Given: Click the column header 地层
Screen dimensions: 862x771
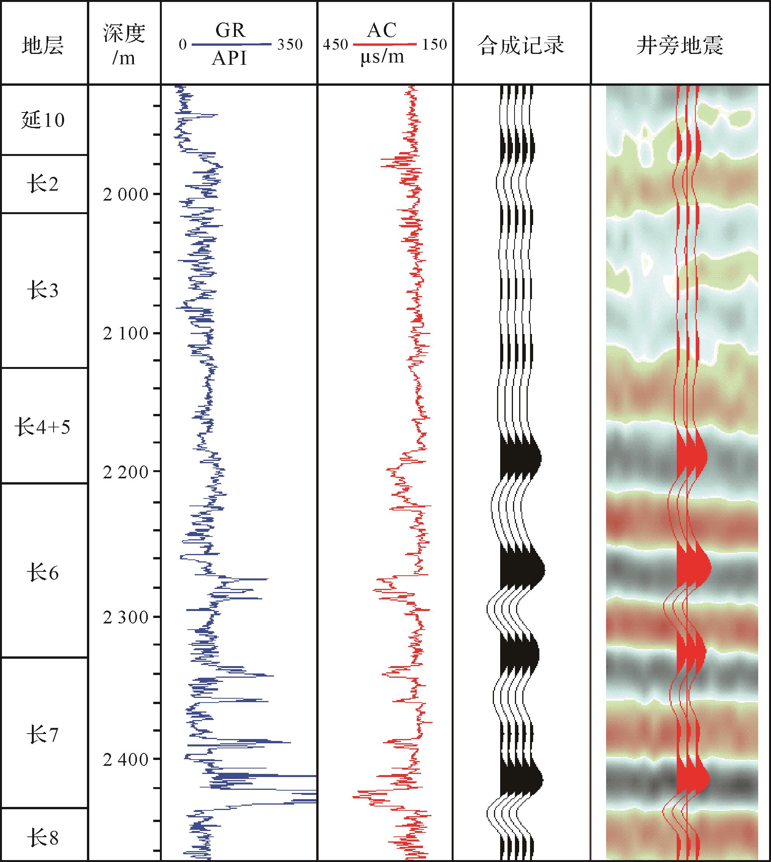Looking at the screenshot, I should (43, 45).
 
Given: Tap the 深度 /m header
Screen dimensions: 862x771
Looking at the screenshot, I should (124, 45).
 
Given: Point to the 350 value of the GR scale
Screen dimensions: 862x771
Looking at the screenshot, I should (290, 45).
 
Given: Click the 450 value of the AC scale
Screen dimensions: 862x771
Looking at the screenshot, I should (336, 45).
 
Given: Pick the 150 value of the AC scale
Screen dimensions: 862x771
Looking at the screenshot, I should (434, 45).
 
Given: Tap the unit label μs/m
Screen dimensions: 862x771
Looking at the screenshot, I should (382, 57).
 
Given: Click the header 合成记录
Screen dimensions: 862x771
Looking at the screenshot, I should (521, 45).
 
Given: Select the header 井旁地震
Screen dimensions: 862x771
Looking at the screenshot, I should (680, 45).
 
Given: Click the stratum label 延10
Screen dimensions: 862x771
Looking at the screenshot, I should (43, 120).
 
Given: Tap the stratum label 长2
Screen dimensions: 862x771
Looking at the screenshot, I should (43, 184).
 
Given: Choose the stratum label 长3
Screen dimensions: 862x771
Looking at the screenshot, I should (43, 291).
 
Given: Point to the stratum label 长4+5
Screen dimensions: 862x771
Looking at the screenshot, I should (43, 427).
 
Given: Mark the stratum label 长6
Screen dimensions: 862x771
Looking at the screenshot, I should (43, 573).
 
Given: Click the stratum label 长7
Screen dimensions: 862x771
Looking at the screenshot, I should (43, 734).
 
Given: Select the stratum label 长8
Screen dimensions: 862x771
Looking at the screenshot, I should (43, 838).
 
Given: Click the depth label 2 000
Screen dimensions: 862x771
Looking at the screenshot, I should (125, 195).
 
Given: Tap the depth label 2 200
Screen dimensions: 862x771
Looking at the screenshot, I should (125, 472).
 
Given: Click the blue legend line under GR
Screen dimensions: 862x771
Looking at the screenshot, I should (231, 44).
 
